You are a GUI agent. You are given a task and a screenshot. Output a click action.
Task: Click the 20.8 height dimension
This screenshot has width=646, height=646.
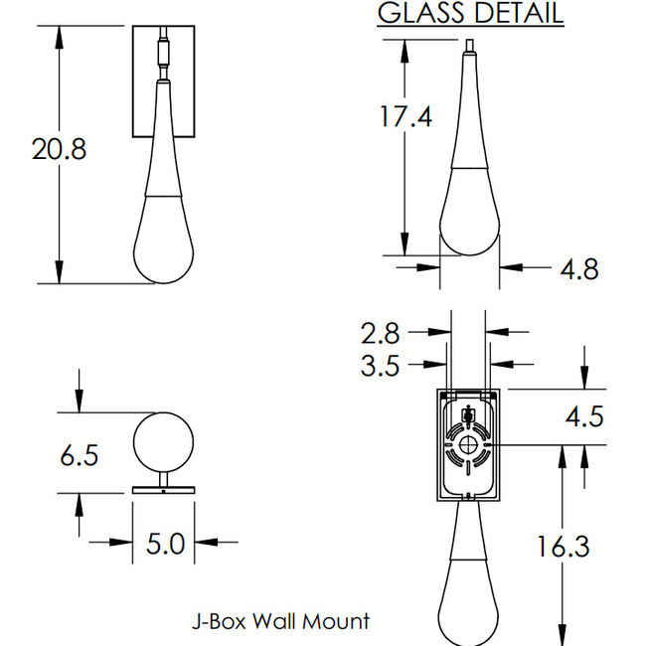point(59,150)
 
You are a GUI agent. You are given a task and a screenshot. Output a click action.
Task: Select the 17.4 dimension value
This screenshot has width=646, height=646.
point(405,116)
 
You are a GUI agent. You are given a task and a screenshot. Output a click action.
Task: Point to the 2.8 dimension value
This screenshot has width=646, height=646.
point(380,332)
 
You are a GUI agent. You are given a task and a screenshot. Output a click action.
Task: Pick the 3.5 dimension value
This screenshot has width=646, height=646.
point(380,365)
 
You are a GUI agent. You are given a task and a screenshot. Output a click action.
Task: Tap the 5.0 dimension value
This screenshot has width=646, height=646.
point(165,544)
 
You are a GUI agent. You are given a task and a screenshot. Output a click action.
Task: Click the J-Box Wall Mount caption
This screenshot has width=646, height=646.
point(280,621)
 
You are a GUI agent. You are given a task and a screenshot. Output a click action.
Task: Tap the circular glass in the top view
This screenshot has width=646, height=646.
point(163,439)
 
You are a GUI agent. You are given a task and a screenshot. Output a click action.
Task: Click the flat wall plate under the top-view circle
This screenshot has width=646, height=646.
point(163,489)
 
